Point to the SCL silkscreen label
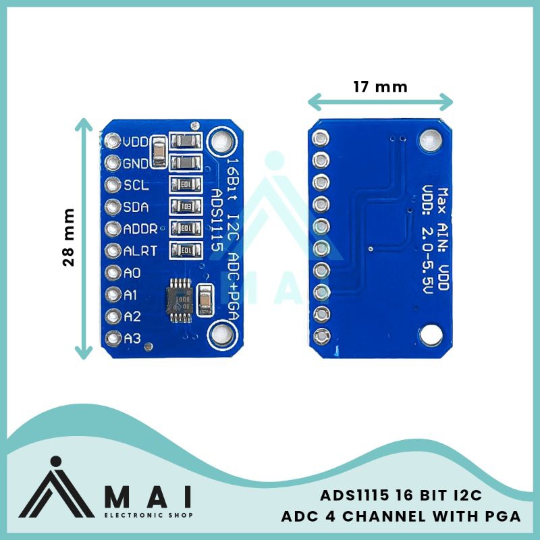(x=132, y=184)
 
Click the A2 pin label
(x=132, y=316)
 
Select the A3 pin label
(x=132, y=337)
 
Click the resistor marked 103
(x=186, y=206)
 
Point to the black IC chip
(x=182, y=298)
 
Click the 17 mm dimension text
(x=380, y=86)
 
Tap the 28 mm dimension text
(x=68, y=237)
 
